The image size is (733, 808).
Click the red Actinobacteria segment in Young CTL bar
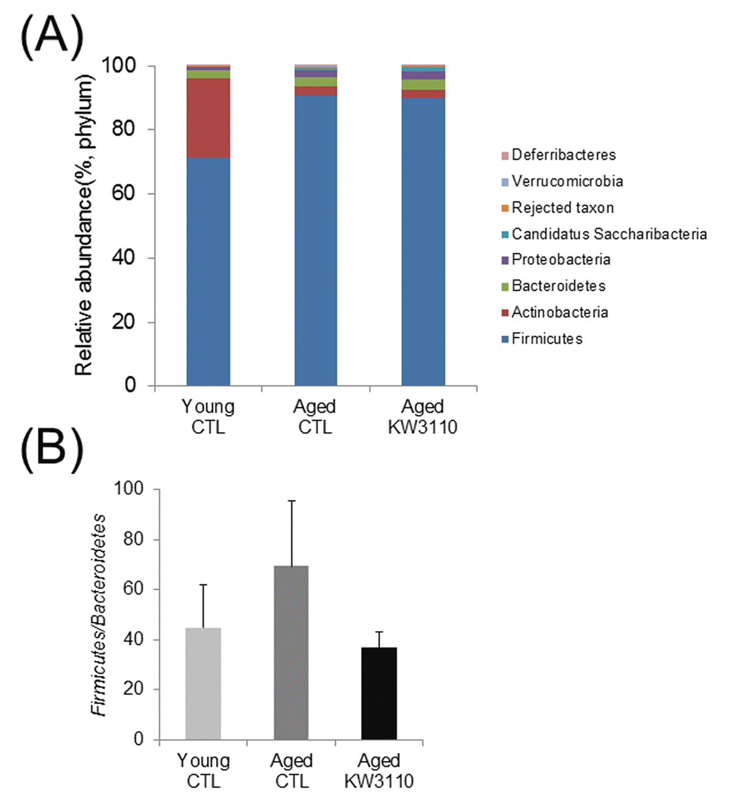(x=208, y=118)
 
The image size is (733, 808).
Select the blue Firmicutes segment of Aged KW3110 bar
(x=423, y=241)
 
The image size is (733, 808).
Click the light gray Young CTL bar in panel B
(x=203, y=684)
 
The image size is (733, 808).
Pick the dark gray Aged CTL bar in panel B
(x=291, y=652)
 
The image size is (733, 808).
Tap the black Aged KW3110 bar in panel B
(x=379, y=693)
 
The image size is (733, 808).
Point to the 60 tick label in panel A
(x=124, y=193)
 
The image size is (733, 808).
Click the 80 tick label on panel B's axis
(x=129, y=539)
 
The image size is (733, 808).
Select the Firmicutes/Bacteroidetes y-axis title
(x=98, y=615)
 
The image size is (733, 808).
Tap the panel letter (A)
(x=52, y=36)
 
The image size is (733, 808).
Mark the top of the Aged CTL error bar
(x=292, y=500)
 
